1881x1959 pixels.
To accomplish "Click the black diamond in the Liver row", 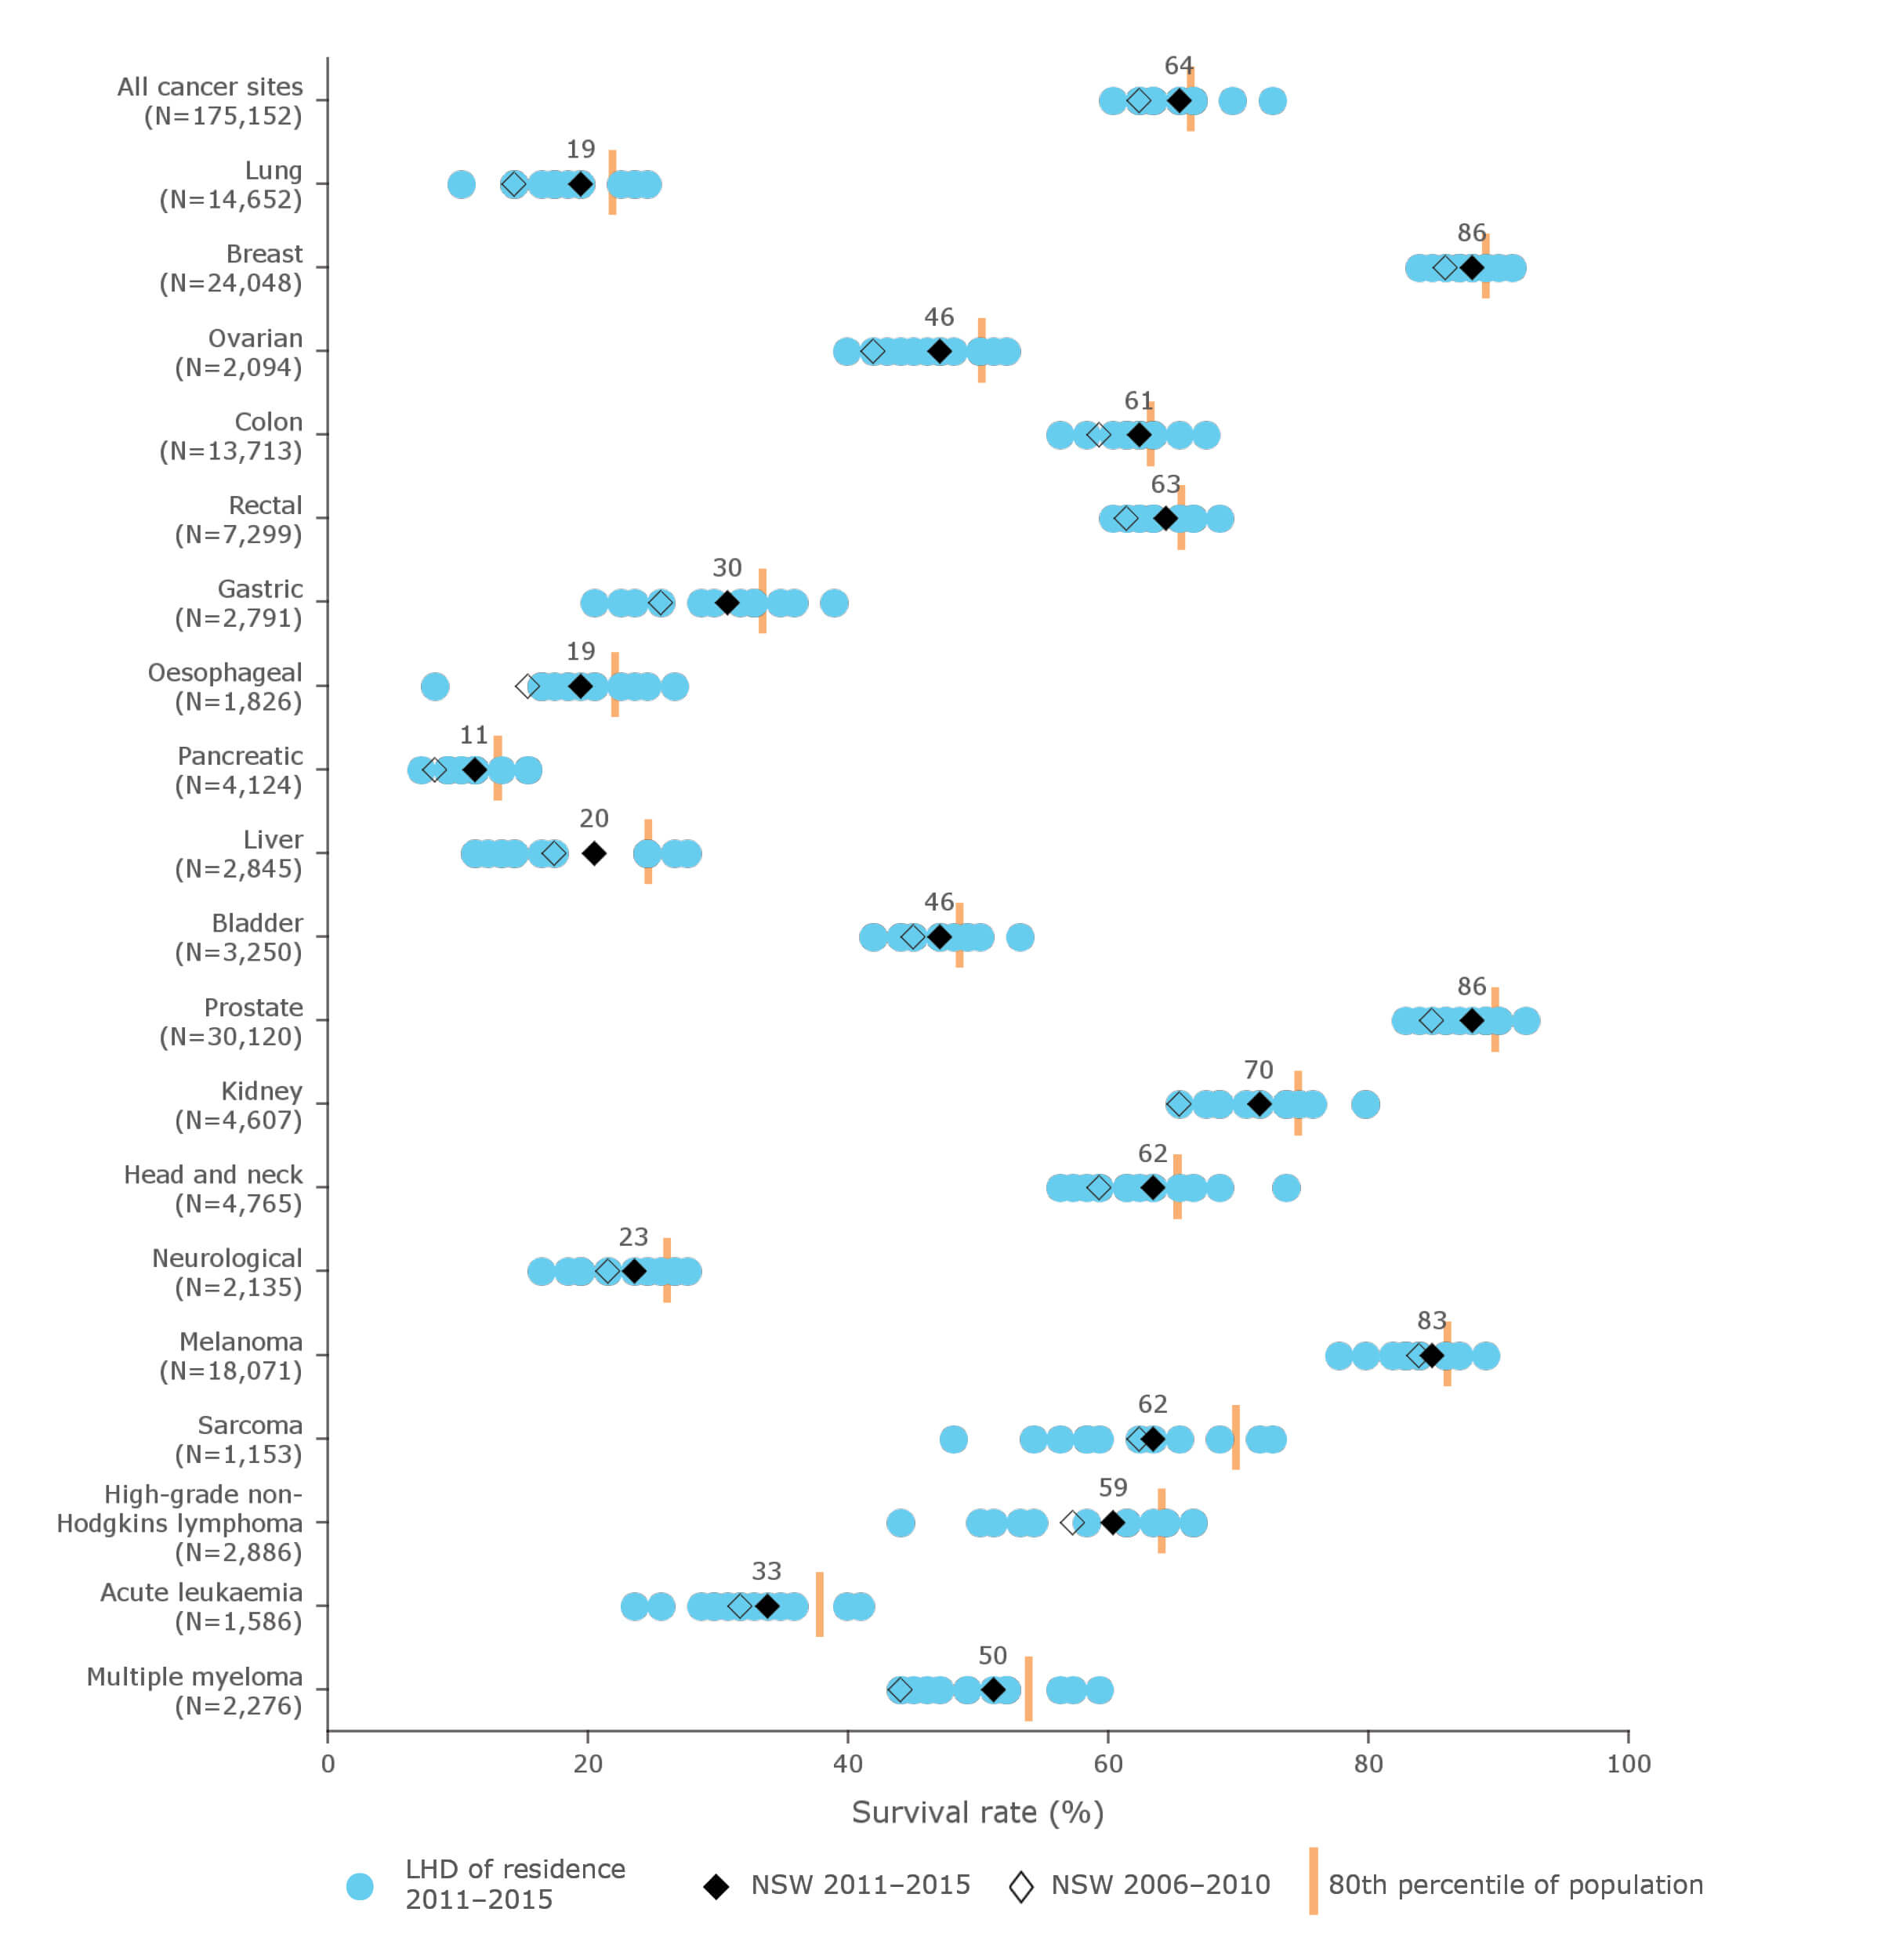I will pos(593,853).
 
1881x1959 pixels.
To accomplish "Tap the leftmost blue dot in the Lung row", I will pos(461,184).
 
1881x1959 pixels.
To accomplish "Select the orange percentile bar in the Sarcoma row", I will pos(1235,1437).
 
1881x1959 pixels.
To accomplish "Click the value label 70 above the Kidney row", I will pos(1259,1070).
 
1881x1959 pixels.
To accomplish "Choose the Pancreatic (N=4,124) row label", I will pos(239,769).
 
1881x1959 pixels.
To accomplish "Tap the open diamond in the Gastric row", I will pos(661,603).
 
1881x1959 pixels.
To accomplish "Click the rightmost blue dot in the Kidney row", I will pos(1365,1104).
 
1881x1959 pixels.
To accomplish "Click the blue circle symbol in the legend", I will pos(360,1886).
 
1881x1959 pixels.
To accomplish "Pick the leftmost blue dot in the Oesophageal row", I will pos(435,686).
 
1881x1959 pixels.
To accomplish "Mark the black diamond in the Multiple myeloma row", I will pos(992,1689).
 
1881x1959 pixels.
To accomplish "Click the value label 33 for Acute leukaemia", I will pos(766,1571).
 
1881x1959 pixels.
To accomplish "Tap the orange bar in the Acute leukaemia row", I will pos(820,1604).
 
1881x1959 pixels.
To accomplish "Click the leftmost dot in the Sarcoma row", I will pos(954,1439).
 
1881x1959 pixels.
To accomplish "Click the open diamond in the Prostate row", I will pos(1431,1020).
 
